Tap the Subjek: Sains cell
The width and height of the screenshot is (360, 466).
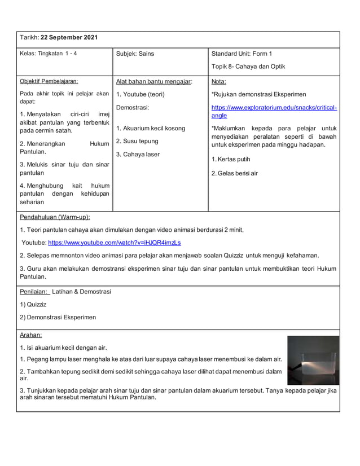[x=135, y=54]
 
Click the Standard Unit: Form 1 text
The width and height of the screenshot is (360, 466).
[x=241, y=54]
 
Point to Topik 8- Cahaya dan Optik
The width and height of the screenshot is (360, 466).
[x=248, y=67]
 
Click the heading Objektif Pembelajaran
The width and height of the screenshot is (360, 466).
[x=49, y=81]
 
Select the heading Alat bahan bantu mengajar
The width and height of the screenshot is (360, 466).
[x=154, y=81]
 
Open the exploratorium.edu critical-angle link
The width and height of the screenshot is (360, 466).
[x=274, y=111]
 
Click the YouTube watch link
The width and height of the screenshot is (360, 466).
[x=115, y=243]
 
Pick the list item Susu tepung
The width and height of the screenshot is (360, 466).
[x=137, y=141]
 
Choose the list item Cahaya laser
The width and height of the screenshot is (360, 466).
[x=138, y=155]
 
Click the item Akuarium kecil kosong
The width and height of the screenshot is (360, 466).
[x=151, y=129]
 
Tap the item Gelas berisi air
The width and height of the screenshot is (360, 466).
[x=234, y=173]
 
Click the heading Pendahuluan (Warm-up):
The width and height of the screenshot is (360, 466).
[x=55, y=217]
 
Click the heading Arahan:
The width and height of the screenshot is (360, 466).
[x=31, y=335]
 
